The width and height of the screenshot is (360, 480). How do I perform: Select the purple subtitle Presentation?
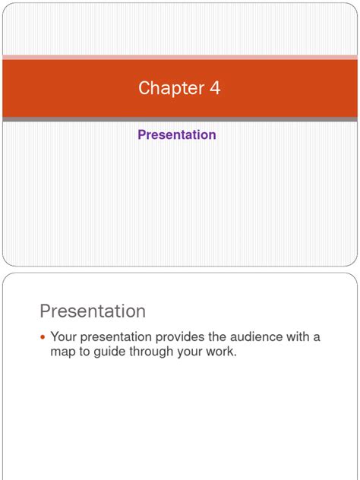click(x=177, y=134)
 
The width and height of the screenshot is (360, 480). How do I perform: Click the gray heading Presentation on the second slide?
click(x=92, y=311)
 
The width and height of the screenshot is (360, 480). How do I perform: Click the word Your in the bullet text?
click(x=63, y=337)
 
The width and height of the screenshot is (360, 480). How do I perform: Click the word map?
click(x=62, y=353)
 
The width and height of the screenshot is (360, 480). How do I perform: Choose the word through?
click(x=155, y=353)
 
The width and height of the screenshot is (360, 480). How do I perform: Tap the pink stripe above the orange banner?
click(x=180, y=57)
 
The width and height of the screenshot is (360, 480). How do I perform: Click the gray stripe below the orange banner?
click(x=180, y=118)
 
